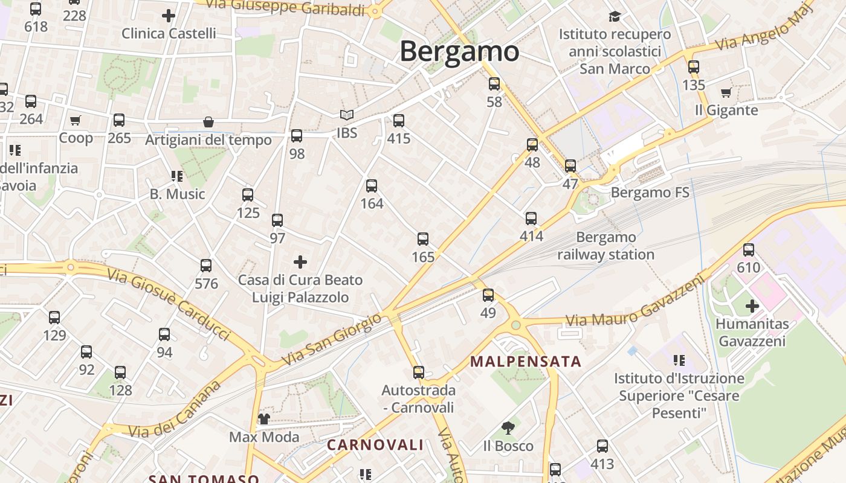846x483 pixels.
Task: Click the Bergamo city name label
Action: (x=459, y=51)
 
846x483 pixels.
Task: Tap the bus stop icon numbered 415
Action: (x=398, y=121)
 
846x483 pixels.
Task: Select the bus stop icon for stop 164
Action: (x=372, y=186)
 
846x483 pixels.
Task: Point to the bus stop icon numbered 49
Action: (x=488, y=295)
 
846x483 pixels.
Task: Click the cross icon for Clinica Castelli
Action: (x=169, y=16)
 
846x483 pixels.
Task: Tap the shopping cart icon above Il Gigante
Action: (x=726, y=92)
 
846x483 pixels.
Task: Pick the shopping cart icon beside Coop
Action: (x=75, y=121)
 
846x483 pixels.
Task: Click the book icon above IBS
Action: (x=346, y=115)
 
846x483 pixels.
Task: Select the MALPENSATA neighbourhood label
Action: (x=526, y=362)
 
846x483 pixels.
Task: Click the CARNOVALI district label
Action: (x=375, y=445)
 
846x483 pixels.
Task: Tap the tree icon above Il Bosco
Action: (x=508, y=428)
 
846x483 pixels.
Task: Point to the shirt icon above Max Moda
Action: (x=263, y=418)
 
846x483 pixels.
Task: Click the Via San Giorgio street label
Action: (x=332, y=339)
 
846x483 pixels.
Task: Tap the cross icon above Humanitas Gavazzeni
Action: (x=752, y=306)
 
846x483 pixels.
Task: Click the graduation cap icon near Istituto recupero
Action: (x=615, y=16)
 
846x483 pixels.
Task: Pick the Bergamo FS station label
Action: (x=650, y=193)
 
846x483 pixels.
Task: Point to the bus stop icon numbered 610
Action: (x=749, y=249)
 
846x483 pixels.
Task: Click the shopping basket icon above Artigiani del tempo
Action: (x=208, y=122)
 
